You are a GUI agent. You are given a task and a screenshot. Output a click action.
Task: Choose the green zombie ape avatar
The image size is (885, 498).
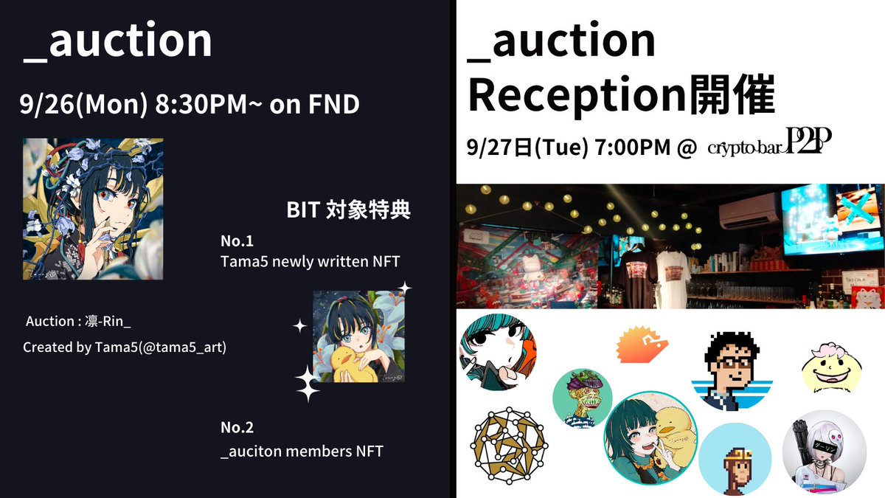[x=581, y=398]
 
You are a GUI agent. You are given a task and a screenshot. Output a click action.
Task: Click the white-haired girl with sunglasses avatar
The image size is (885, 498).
[x=823, y=452]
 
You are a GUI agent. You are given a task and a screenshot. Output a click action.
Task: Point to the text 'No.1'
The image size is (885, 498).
[x=237, y=241]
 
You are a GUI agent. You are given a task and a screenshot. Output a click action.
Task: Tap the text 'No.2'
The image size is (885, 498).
[x=237, y=427]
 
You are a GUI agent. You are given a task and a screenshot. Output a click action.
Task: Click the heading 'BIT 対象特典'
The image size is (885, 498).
[x=348, y=210]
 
